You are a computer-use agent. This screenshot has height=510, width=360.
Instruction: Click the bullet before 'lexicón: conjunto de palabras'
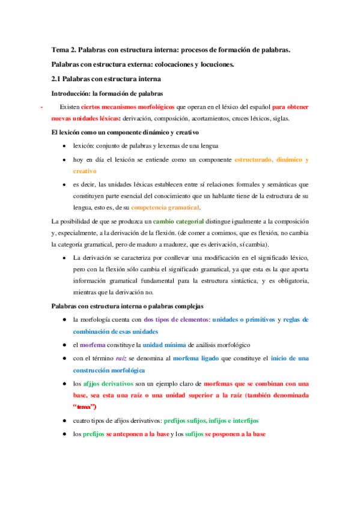point(64,146)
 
